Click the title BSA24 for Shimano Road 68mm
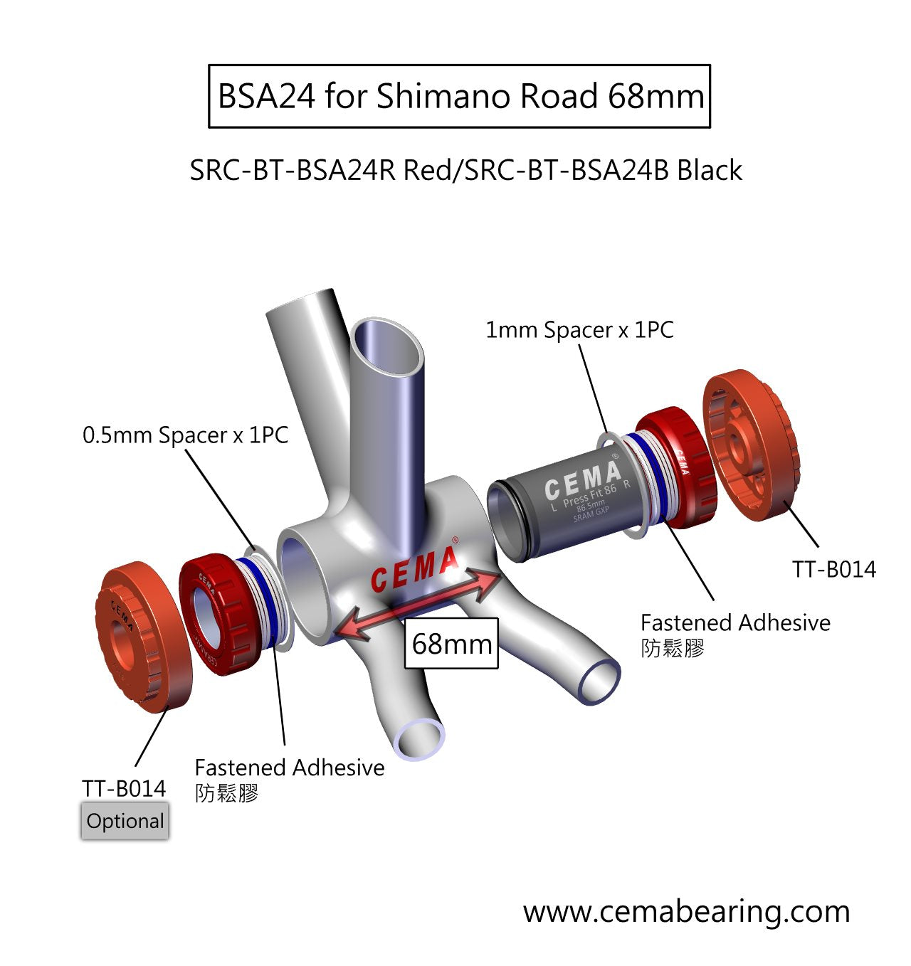tap(459, 96)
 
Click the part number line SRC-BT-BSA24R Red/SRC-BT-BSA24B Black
tap(465, 171)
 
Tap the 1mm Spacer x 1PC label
tap(579, 330)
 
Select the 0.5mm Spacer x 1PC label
tap(185, 435)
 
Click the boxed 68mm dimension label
tap(451, 644)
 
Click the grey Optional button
tap(125, 822)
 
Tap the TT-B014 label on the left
tap(124, 788)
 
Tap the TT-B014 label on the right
tap(833, 569)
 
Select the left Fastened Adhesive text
tap(289, 768)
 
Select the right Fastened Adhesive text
tap(735, 622)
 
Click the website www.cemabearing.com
tap(686, 911)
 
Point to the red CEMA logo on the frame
tap(414, 569)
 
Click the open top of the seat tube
tap(386, 346)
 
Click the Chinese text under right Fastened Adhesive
tap(672, 648)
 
